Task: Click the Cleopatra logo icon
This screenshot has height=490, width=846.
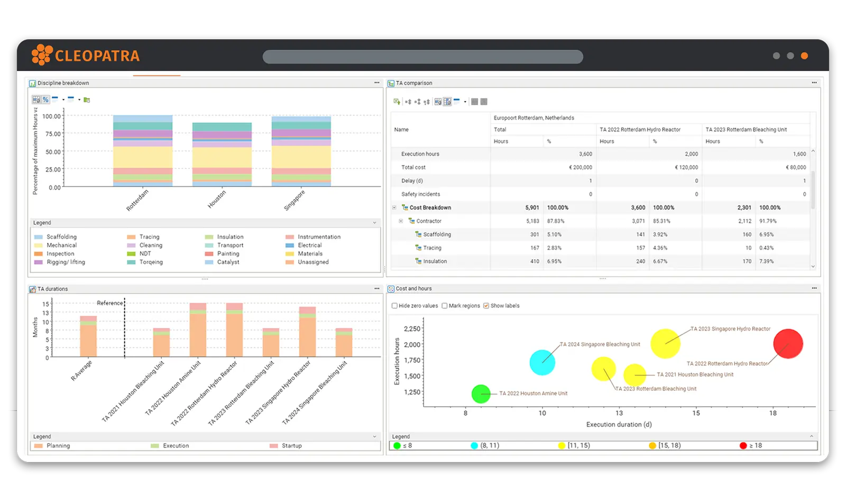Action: point(42,55)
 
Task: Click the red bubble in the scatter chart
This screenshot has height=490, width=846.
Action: point(788,344)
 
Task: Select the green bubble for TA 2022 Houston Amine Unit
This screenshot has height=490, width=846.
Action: point(481,394)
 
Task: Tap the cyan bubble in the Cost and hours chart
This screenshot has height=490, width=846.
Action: point(542,363)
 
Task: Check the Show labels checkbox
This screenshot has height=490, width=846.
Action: point(486,306)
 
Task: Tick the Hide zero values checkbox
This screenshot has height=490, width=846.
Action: point(394,306)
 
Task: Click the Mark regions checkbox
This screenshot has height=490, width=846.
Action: point(445,306)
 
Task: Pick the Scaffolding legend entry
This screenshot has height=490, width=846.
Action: point(61,237)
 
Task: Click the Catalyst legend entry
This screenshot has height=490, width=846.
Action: point(228,262)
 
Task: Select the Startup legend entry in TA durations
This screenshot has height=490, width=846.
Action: point(291,446)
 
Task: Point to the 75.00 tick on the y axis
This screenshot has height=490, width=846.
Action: point(52,134)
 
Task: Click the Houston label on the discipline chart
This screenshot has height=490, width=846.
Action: point(217,199)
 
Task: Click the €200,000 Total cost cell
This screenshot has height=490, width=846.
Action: point(580,167)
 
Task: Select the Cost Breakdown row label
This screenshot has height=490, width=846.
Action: point(430,208)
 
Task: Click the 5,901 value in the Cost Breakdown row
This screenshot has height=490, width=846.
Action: point(532,208)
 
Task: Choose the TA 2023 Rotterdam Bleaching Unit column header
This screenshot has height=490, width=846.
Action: point(746,130)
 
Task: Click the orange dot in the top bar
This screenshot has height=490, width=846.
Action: point(804,56)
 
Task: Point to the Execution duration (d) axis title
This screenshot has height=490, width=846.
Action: point(619,425)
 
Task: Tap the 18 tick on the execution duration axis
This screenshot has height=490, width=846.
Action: point(773,413)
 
